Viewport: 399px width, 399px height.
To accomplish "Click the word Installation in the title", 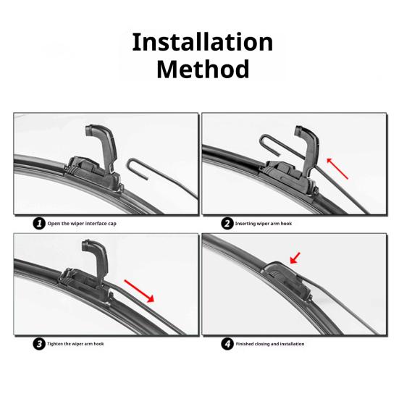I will click(x=202, y=42).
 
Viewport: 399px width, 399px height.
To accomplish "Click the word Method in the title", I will click(x=203, y=70).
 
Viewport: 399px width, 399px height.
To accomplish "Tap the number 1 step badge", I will click(x=39, y=223).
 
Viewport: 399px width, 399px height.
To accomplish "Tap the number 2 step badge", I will click(x=227, y=223).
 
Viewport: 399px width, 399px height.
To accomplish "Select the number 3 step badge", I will click(x=39, y=343).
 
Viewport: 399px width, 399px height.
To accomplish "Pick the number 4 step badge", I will click(x=227, y=343).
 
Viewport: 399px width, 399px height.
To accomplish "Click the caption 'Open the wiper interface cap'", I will click(x=82, y=224).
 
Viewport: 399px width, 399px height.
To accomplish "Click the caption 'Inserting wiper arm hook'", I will click(x=264, y=224).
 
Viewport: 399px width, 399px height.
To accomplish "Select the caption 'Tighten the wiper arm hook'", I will click(x=76, y=344).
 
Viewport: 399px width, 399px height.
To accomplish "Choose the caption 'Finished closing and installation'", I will click(x=270, y=344).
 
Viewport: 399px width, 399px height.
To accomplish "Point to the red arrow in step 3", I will click(x=139, y=291).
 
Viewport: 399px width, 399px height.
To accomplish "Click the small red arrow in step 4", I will click(x=295, y=256).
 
